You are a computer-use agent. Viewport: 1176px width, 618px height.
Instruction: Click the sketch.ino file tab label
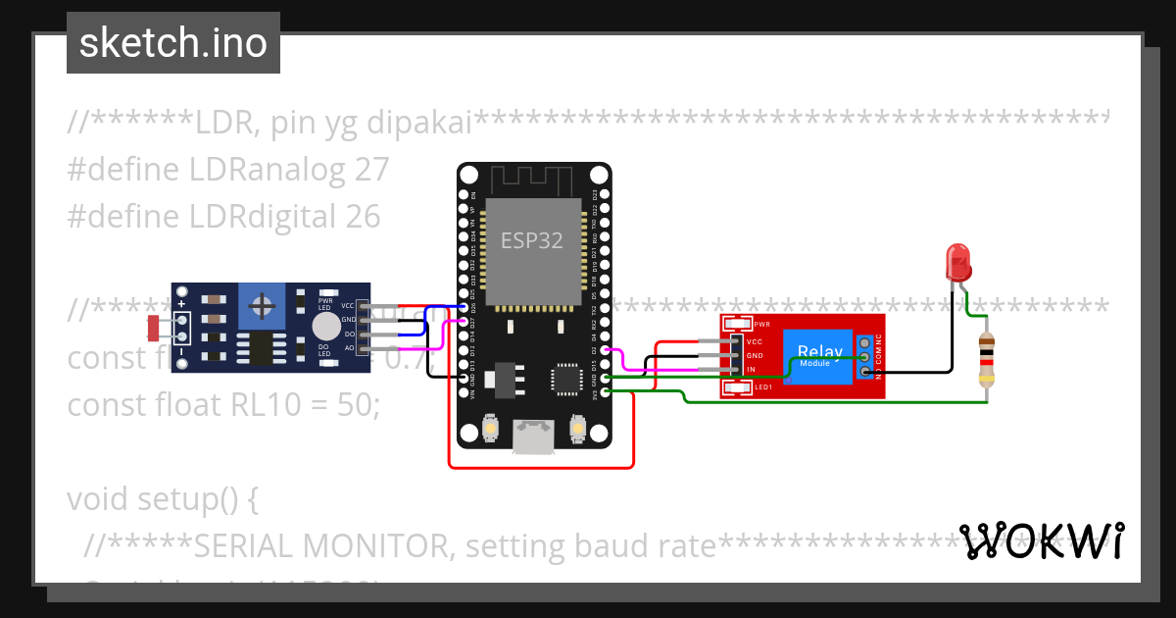click(173, 43)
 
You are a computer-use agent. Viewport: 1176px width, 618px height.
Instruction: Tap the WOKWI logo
click(1041, 541)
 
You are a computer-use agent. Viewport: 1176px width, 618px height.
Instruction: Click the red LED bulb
click(957, 262)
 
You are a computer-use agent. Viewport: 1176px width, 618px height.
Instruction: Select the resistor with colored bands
click(987, 358)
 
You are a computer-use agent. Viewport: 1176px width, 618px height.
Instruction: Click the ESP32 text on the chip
click(532, 240)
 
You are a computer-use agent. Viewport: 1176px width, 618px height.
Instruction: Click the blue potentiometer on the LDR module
click(262, 307)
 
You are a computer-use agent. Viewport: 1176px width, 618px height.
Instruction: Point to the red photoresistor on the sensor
click(154, 327)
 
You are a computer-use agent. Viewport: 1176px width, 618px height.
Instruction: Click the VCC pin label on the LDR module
click(348, 306)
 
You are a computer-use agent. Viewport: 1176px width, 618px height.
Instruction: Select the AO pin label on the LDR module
click(349, 347)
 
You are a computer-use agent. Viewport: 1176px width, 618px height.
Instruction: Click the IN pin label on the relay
click(751, 370)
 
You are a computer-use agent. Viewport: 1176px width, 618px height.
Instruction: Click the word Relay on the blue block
click(819, 351)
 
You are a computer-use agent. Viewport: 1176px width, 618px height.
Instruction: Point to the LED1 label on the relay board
click(762, 388)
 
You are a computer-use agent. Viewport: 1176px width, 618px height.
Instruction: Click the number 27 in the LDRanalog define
click(372, 170)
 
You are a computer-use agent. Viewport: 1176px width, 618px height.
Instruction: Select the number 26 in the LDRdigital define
click(363, 216)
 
